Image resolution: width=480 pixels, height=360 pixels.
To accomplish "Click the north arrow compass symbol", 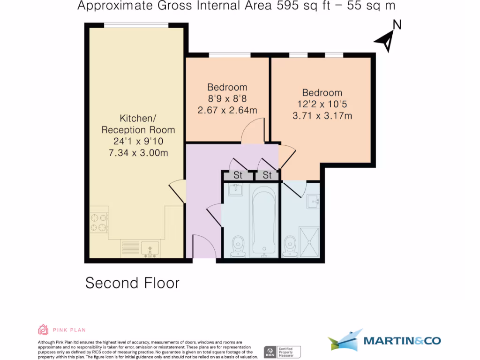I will [387, 41].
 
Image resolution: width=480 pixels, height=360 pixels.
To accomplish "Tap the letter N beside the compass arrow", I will [397, 25].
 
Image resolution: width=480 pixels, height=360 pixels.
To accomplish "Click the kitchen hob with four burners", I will [99, 222].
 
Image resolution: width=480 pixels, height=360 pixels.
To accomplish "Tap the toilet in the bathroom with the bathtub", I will [239, 246].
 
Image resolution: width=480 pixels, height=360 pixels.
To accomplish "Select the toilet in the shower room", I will [291, 246].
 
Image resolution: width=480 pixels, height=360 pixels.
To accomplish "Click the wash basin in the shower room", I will [314, 202].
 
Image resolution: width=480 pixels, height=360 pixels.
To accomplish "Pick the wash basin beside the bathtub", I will [236, 190].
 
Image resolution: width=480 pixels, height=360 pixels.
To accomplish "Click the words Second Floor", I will [132, 283].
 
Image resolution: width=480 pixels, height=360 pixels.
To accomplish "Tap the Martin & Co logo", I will [384, 340].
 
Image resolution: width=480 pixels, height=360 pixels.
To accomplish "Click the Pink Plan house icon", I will [43, 330].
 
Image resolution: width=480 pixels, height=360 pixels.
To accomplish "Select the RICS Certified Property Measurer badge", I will [282, 352].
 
